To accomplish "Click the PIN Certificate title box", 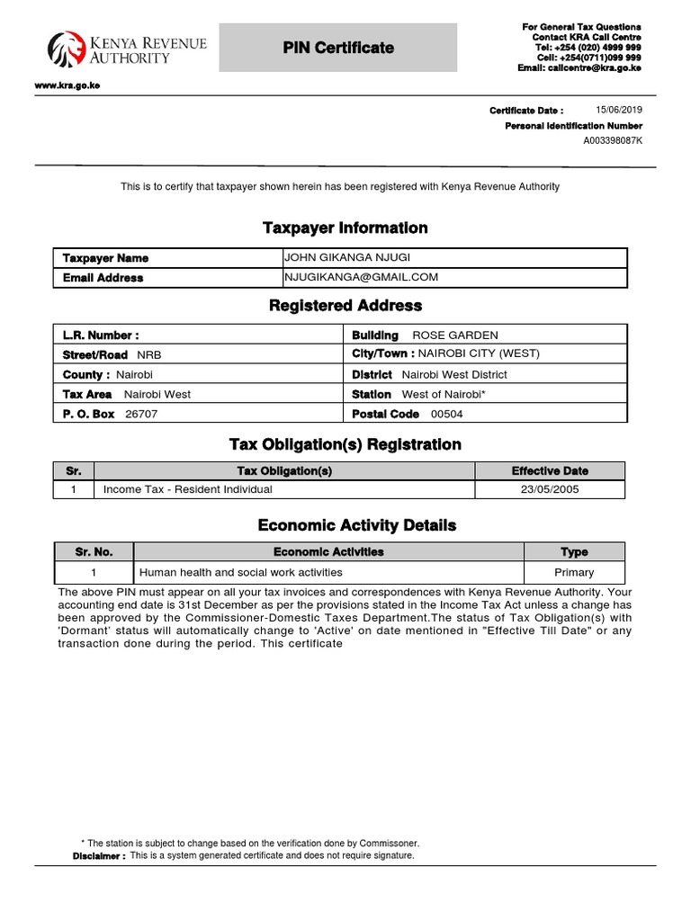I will (x=338, y=48).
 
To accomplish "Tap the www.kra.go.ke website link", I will (x=67, y=85).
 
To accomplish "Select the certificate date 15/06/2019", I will (x=619, y=110).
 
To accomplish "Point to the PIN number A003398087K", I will (x=613, y=141).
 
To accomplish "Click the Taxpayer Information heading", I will (x=345, y=228).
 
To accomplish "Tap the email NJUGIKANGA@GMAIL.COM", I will (x=361, y=277).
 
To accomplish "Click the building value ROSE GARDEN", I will (x=454, y=335).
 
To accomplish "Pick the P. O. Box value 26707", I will (x=139, y=415).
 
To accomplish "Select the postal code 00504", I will (x=447, y=415).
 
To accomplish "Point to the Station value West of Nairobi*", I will (x=444, y=395).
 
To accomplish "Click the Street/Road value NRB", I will (x=149, y=355).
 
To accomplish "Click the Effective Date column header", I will (x=549, y=471).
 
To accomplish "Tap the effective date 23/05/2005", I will (x=549, y=490).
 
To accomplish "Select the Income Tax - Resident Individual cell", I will (x=188, y=490).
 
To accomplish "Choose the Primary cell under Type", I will (x=574, y=572).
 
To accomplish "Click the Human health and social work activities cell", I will (x=240, y=572).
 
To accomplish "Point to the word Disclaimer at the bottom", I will (x=99, y=856).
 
